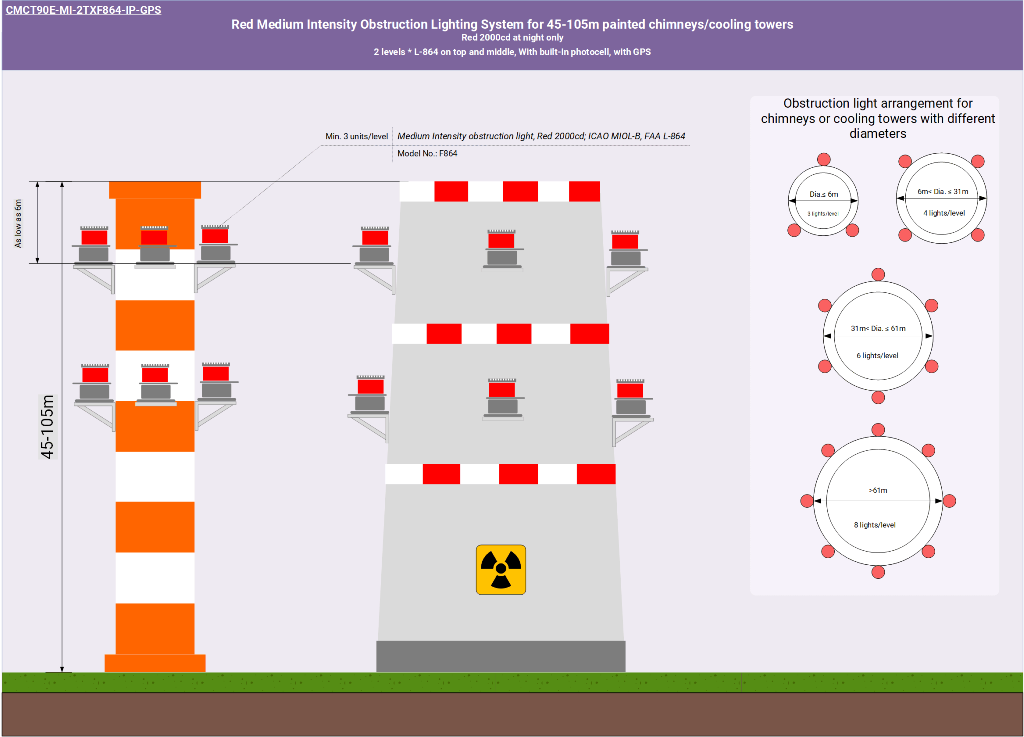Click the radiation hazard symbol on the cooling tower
point(501,569)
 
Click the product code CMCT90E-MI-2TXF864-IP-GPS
point(83,10)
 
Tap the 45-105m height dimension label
point(48,427)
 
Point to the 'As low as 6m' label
point(18,223)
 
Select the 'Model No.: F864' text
point(427,154)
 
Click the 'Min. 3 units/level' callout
point(356,136)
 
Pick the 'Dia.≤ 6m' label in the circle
point(824,194)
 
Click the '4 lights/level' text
point(944,213)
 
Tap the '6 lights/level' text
point(877,356)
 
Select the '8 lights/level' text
point(875,525)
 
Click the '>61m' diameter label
point(878,490)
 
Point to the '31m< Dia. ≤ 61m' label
point(878,328)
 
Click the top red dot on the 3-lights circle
point(824,159)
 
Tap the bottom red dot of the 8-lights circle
point(878,572)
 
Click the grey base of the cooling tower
point(500,656)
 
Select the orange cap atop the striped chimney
point(155,190)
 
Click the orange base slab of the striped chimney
point(155,663)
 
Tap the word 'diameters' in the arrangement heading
point(878,134)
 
